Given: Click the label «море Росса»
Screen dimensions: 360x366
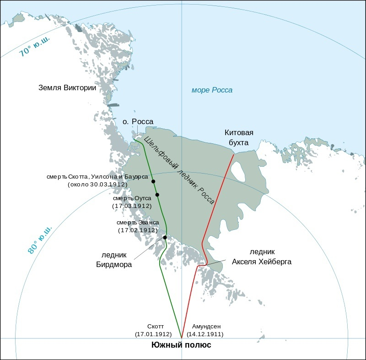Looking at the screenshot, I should pos(212,90).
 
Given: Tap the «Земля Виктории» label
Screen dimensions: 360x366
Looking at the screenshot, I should pos(67,88).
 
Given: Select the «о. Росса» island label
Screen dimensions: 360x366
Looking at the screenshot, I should pos(138,121).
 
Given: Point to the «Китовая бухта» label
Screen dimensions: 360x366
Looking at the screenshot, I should pos(239,137).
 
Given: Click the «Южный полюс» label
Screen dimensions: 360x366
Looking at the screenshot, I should pos(181,345).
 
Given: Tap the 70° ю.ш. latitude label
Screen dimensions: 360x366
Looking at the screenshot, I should pos(34,47).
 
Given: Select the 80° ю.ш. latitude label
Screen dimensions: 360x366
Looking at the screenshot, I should pos(40,239).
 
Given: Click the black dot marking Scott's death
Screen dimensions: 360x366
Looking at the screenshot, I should pos(153,181).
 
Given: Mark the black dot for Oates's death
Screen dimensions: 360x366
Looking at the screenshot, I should pos(157,195).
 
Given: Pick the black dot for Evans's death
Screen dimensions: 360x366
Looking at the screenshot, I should pos(165,237).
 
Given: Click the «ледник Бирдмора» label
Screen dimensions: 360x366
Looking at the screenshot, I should pos(114,260).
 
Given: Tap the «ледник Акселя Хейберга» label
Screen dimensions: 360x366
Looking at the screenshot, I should pos(262,257).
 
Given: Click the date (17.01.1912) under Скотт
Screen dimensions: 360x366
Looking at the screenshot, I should pos(153,334).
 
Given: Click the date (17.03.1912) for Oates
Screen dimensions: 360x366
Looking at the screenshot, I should pos(132,206).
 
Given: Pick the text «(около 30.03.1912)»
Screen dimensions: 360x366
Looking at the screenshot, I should pos(97,185).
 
